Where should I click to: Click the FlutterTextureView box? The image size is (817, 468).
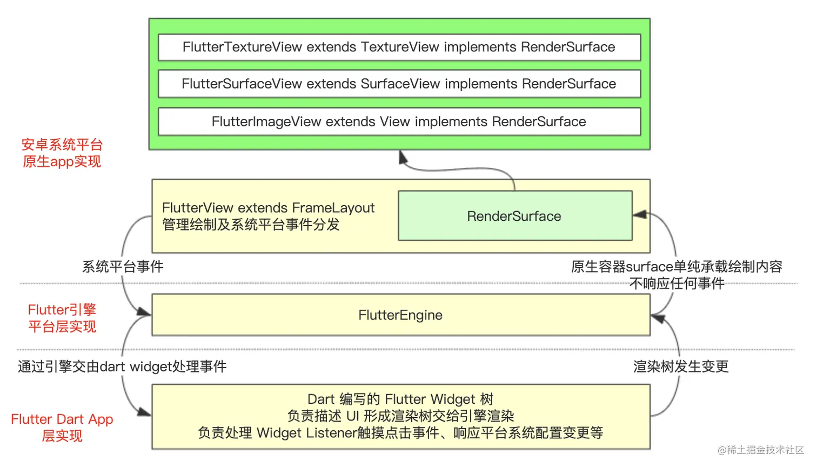pyautogui.click(x=399, y=48)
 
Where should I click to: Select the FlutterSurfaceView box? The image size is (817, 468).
pyautogui.click(x=399, y=84)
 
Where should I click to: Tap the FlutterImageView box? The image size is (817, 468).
pyautogui.click(x=399, y=122)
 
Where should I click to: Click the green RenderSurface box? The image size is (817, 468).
pyautogui.click(x=514, y=216)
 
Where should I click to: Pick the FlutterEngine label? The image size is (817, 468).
pyautogui.click(x=400, y=315)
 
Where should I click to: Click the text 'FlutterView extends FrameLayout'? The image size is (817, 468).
pyautogui.click(x=268, y=208)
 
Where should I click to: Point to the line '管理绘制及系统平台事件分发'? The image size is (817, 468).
pyautogui.click(x=251, y=225)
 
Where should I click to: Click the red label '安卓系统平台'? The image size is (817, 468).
pyautogui.click(x=62, y=145)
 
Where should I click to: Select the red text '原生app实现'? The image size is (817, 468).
pyautogui.click(x=62, y=161)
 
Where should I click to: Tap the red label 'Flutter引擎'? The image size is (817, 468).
pyautogui.click(x=62, y=310)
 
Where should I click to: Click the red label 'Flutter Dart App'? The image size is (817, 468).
pyautogui.click(x=62, y=419)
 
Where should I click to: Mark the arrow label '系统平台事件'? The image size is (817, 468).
pyautogui.click(x=123, y=267)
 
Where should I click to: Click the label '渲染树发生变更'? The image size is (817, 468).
pyautogui.click(x=681, y=367)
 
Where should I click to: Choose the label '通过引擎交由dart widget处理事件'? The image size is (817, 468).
pyautogui.click(x=122, y=367)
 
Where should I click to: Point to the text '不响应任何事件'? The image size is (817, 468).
pyautogui.click(x=677, y=284)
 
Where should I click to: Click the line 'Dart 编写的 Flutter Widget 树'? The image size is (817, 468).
pyautogui.click(x=400, y=399)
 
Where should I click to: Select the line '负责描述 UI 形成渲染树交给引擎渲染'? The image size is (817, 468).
pyautogui.click(x=400, y=416)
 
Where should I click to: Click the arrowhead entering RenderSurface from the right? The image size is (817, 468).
pyautogui.click(x=640, y=215)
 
